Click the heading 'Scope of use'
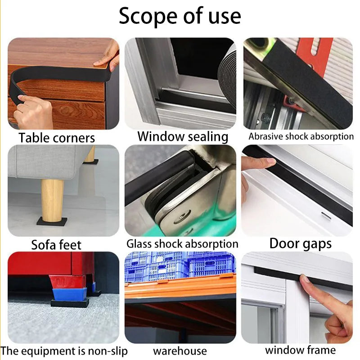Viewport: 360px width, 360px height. (180, 16)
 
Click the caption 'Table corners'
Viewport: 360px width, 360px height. (57, 138)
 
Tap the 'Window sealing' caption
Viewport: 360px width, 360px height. (183, 137)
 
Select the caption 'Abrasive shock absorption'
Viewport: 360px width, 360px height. (301, 136)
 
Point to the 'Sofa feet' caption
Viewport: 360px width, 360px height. (56, 245)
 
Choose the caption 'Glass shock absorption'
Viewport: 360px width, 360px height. (182, 244)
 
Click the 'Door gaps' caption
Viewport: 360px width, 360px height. (300, 243)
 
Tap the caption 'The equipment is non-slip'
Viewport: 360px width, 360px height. (64, 351)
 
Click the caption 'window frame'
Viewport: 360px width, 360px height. (300, 351)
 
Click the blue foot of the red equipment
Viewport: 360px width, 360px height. (69, 294)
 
